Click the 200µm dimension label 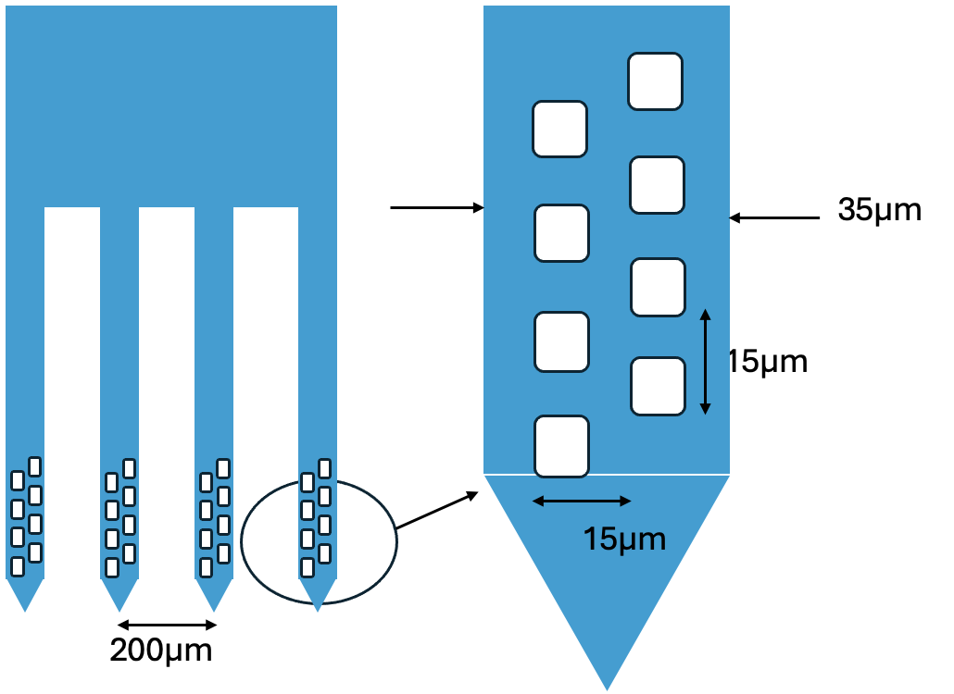[x=161, y=651]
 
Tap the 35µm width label [x=879, y=210]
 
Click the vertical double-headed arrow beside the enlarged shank [x=705, y=361]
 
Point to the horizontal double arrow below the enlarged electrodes [x=582, y=501]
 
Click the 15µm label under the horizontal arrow [x=624, y=539]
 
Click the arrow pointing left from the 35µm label [x=774, y=218]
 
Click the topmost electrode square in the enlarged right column [x=655, y=81]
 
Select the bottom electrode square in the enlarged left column [x=561, y=446]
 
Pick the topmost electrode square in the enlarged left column [x=559, y=129]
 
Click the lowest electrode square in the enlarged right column [x=658, y=386]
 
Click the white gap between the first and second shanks [x=72, y=370]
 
